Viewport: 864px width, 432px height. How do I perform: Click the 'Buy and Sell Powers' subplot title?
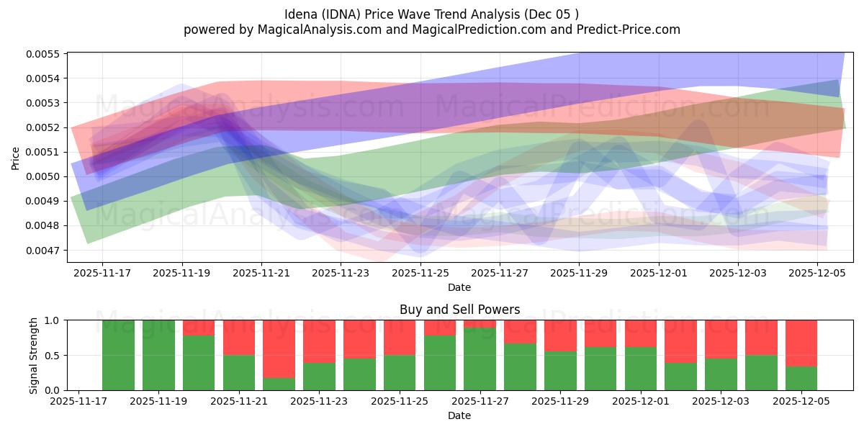coord(459,310)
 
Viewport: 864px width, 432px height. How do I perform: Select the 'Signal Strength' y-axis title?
coord(34,355)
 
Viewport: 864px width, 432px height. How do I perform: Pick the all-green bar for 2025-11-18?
coord(118,355)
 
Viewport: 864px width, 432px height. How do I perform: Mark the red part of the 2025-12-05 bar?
coord(801,343)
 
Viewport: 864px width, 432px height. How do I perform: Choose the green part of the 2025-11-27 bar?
coord(480,359)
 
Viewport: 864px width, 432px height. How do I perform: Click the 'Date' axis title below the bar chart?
coord(459,415)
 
